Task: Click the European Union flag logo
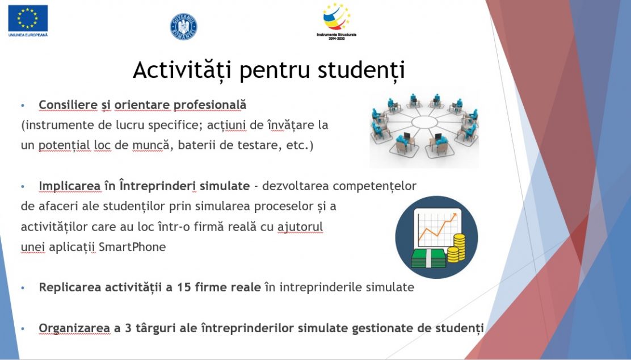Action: pyautogui.click(x=28, y=19)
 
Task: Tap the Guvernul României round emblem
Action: pyautogui.click(x=183, y=27)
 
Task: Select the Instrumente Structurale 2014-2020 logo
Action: pyautogui.click(x=336, y=22)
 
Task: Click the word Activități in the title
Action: pyautogui.click(x=182, y=70)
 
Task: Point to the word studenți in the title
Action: pyautogui.click(x=361, y=70)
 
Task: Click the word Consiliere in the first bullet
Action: pyautogui.click(x=68, y=104)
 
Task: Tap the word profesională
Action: pyautogui.click(x=209, y=105)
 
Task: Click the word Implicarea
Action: pyautogui.click(x=69, y=186)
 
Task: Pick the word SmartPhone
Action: pyautogui.click(x=132, y=246)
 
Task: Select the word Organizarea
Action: pyautogui.click(x=74, y=328)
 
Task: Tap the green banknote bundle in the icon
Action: pyautogui.click(x=428, y=258)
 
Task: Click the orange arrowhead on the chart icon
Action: pyautogui.click(x=454, y=217)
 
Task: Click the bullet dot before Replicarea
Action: pyautogui.click(x=23, y=288)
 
